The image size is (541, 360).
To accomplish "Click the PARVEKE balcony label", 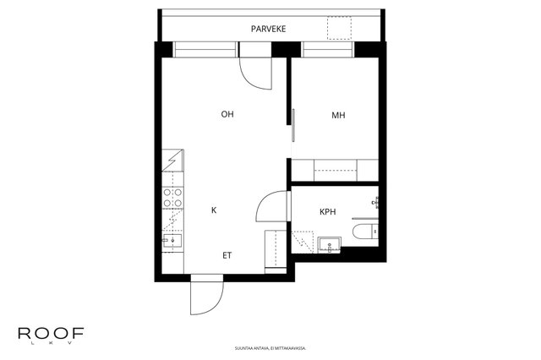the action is click(269, 29).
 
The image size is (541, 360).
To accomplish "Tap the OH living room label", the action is click(227, 114).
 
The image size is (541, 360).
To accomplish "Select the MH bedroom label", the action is click(338, 115).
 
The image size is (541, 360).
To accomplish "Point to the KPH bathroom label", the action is click(327, 212).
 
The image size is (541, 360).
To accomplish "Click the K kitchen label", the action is click(214, 210).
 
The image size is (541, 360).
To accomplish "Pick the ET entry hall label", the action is click(227, 255).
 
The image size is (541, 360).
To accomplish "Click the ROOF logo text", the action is click(51, 333).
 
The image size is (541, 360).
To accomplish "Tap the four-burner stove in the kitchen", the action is click(172, 198).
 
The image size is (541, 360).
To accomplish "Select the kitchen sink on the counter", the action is click(172, 240).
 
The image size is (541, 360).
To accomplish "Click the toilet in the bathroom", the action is click(365, 231).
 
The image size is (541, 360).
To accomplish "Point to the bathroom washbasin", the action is click(330, 244).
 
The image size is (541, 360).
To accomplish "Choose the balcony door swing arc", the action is click(255, 74).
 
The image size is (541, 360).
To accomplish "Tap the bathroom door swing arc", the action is click(271, 206).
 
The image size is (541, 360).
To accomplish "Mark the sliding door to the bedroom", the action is click(293, 125).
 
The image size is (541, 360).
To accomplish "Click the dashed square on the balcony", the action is click(339, 28).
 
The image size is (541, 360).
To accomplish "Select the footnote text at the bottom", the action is click(270, 348).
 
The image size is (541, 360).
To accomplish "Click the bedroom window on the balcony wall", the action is click(328, 49).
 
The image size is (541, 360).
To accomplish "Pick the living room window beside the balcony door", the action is click(205, 49).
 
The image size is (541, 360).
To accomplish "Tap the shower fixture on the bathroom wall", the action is click(375, 202).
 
